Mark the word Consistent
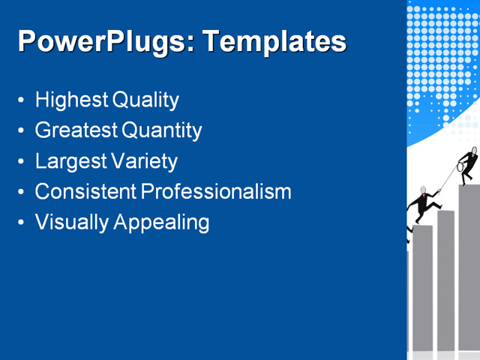pos(85,191)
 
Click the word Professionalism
pos(216,191)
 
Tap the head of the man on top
pos(473,151)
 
